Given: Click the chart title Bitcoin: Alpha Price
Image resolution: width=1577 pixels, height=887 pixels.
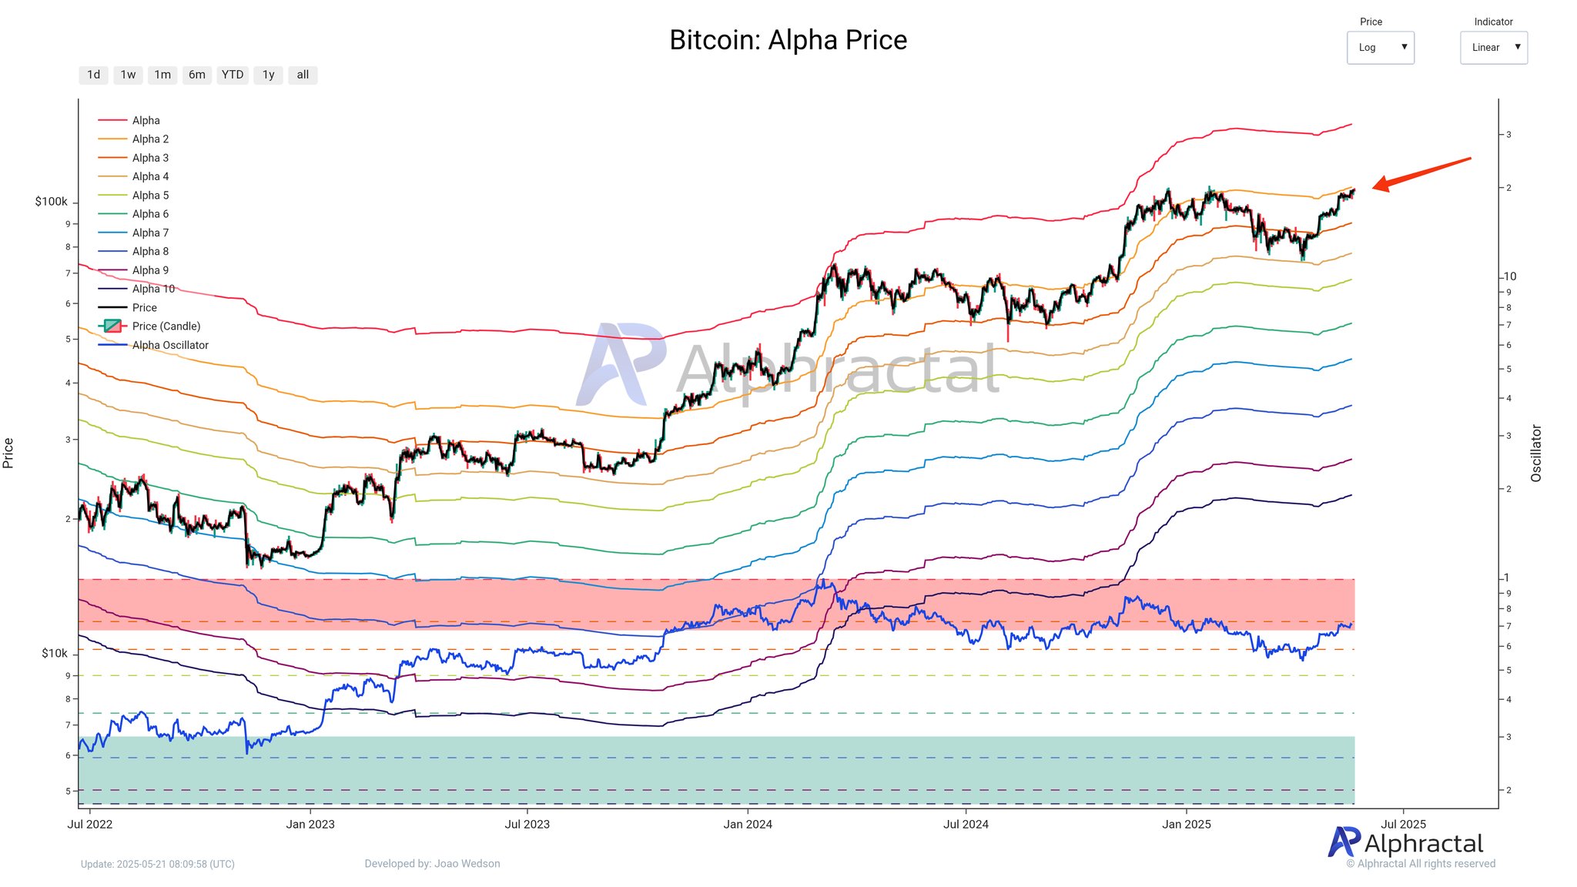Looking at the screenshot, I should [x=788, y=40].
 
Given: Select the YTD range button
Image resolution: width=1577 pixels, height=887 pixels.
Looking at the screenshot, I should [x=232, y=75].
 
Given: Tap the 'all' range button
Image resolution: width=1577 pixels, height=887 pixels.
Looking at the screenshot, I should [x=303, y=75].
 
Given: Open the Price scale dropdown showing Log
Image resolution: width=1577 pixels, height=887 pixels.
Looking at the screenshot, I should [x=1380, y=48].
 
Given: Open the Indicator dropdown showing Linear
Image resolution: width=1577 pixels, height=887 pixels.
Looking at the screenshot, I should [x=1493, y=48].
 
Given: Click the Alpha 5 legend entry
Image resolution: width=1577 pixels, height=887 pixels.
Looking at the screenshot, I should [x=150, y=196].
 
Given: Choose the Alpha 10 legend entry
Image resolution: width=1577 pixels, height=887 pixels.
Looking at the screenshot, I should [x=153, y=289].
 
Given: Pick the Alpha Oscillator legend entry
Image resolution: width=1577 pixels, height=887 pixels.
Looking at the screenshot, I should [x=169, y=345].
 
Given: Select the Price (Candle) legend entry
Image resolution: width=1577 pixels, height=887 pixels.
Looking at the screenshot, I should [x=166, y=326].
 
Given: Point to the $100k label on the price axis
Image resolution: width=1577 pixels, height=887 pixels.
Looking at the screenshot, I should [x=51, y=202].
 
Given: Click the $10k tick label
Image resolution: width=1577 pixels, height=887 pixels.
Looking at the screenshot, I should [x=54, y=653].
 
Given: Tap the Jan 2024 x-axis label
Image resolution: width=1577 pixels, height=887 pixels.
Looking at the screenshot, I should [x=747, y=824].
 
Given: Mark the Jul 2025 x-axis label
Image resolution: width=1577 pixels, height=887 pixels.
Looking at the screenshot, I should [x=1403, y=824].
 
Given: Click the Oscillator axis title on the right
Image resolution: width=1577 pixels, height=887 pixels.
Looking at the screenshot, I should [x=1536, y=453].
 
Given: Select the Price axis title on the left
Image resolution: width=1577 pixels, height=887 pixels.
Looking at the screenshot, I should [x=8, y=453].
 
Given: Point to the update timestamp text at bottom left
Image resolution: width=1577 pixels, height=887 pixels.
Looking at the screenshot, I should [x=158, y=864].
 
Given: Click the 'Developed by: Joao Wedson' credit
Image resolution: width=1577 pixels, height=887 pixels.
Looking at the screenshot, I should [x=432, y=864].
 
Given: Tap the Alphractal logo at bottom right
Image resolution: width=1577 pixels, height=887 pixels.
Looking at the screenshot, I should [x=1405, y=843].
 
